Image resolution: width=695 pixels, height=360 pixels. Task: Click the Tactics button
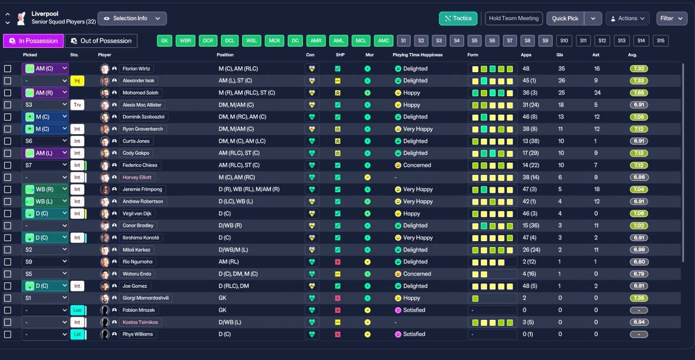[x=458, y=18]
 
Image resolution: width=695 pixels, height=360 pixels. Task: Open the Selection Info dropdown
[x=132, y=18]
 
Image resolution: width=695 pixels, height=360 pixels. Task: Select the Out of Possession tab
[x=101, y=41]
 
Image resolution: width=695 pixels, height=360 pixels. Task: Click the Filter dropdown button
[x=672, y=18]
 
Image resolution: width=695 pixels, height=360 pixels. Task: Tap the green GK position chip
[x=165, y=41]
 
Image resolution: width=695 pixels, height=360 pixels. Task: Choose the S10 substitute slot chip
[x=564, y=41]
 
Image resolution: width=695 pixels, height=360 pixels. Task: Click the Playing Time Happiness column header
[x=418, y=55]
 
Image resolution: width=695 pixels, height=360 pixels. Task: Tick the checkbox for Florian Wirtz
[x=8, y=68]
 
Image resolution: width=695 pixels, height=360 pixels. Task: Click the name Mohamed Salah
[x=140, y=93]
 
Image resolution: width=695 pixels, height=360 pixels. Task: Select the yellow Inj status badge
[x=77, y=81]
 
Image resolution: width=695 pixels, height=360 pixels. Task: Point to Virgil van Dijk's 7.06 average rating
[x=639, y=213]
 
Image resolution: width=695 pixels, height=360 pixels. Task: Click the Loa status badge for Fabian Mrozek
[x=77, y=310]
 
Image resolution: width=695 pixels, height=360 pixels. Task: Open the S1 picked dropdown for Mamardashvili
[x=45, y=298]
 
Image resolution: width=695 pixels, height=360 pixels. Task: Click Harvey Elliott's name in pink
[x=137, y=177]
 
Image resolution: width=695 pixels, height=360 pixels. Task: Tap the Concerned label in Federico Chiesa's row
[x=417, y=165]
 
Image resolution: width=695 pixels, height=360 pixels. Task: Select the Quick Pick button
[x=565, y=18]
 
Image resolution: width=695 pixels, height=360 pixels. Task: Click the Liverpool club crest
[x=21, y=18]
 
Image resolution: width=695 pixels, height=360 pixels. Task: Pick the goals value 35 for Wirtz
[x=561, y=68]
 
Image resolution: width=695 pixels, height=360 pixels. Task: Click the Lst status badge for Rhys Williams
[x=77, y=334]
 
